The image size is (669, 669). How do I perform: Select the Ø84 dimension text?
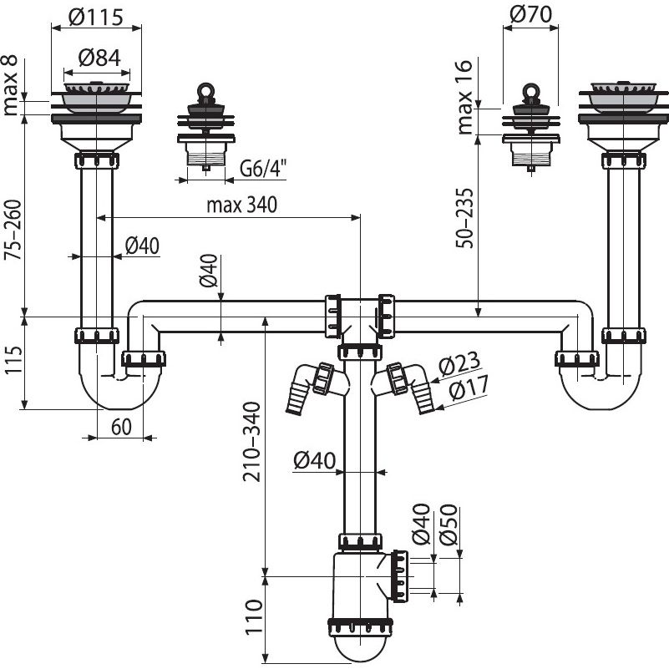[99, 58]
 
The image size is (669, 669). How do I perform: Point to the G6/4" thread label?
[263, 168]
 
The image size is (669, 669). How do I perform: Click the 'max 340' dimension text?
[240, 204]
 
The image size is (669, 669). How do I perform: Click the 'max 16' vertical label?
[465, 98]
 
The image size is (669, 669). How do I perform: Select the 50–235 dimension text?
[465, 216]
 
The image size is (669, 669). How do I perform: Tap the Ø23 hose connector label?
[456, 365]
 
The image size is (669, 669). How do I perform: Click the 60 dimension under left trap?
[122, 428]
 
